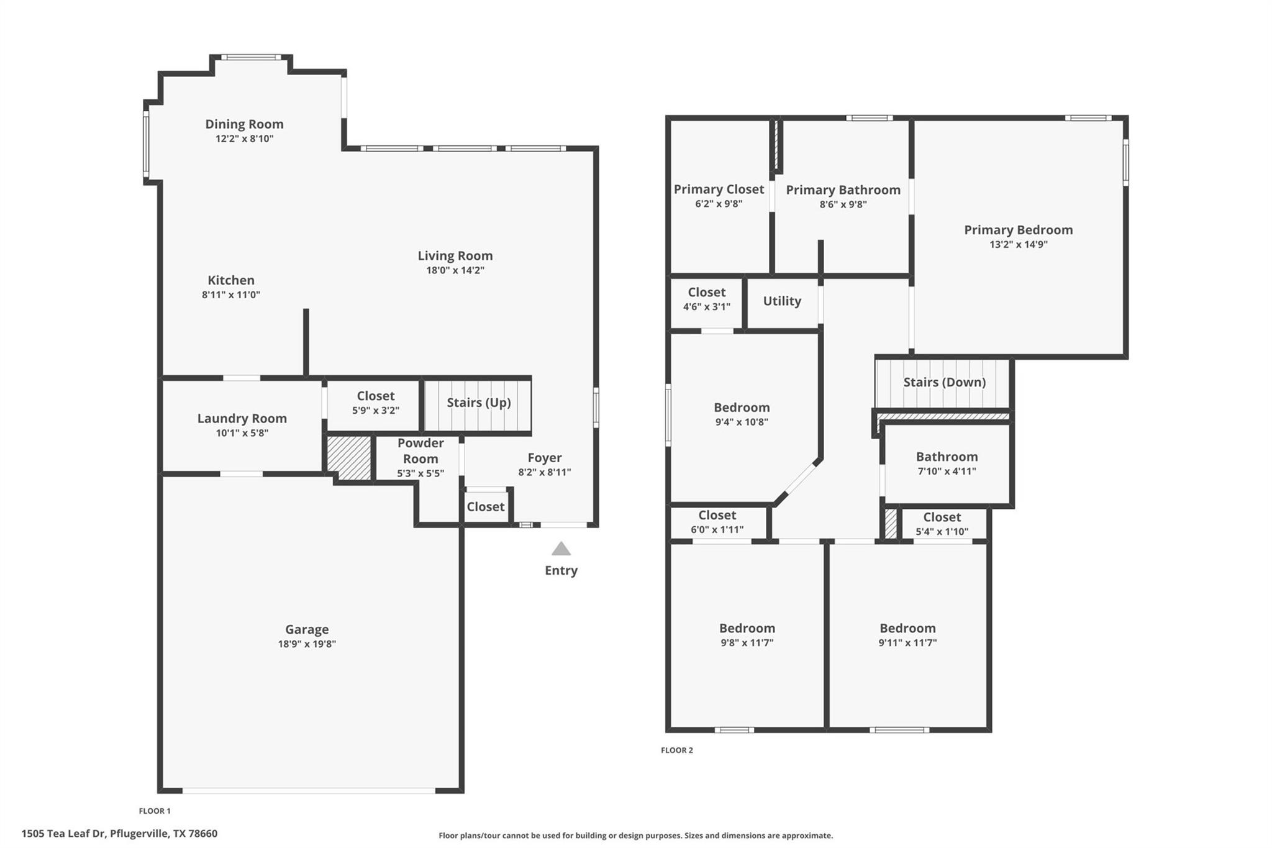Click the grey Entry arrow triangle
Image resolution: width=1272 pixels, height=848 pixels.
(561, 549)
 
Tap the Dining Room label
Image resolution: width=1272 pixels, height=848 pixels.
(244, 124)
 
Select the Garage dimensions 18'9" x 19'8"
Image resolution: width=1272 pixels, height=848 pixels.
(307, 644)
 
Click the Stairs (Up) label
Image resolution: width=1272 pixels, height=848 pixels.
(478, 403)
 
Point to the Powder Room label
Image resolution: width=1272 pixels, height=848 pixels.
(420, 451)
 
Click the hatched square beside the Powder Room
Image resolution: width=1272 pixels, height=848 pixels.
(349, 457)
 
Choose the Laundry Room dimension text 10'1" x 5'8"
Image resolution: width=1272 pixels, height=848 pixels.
(242, 433)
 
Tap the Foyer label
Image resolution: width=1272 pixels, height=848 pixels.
(544, 458)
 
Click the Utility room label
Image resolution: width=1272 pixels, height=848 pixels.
(781, 301)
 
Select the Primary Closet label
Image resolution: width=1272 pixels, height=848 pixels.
(719, 189)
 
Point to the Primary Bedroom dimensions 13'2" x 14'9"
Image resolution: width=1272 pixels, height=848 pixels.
(1018, 245)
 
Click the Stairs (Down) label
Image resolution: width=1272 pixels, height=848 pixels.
(944, 382)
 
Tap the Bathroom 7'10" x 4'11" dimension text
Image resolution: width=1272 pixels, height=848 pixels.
(947, 472)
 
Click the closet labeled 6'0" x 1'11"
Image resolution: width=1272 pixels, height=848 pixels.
(717, 522)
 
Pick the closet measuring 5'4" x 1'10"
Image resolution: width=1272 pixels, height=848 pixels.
(942, 524)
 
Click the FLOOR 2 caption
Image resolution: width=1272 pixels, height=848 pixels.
(676, 750)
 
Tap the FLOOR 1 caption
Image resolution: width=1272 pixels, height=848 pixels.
(154, 811)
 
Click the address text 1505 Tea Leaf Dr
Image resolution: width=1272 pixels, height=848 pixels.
(119, 834)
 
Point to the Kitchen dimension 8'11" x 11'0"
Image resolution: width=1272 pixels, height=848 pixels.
(230, 295)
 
